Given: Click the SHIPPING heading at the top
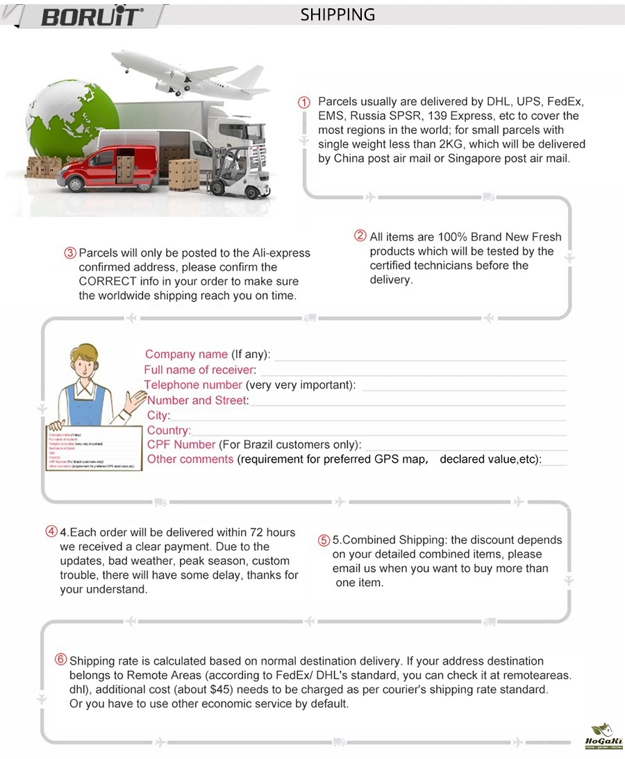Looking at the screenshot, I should (x=337, y=15).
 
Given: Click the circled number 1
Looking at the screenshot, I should (x=304, y=102).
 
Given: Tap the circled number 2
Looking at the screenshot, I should (x=360, y=236).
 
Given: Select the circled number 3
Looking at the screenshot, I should (x=70, y=253).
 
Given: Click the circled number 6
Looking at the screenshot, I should (x=61, y=660).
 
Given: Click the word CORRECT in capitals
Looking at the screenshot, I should (x=111, y=282).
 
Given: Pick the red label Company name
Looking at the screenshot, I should (x=186, y=355).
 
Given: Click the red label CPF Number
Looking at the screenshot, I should (x=181, y=445).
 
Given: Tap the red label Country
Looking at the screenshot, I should (x=169, y=430).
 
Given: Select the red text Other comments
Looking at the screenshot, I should (x=190, y=459).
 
